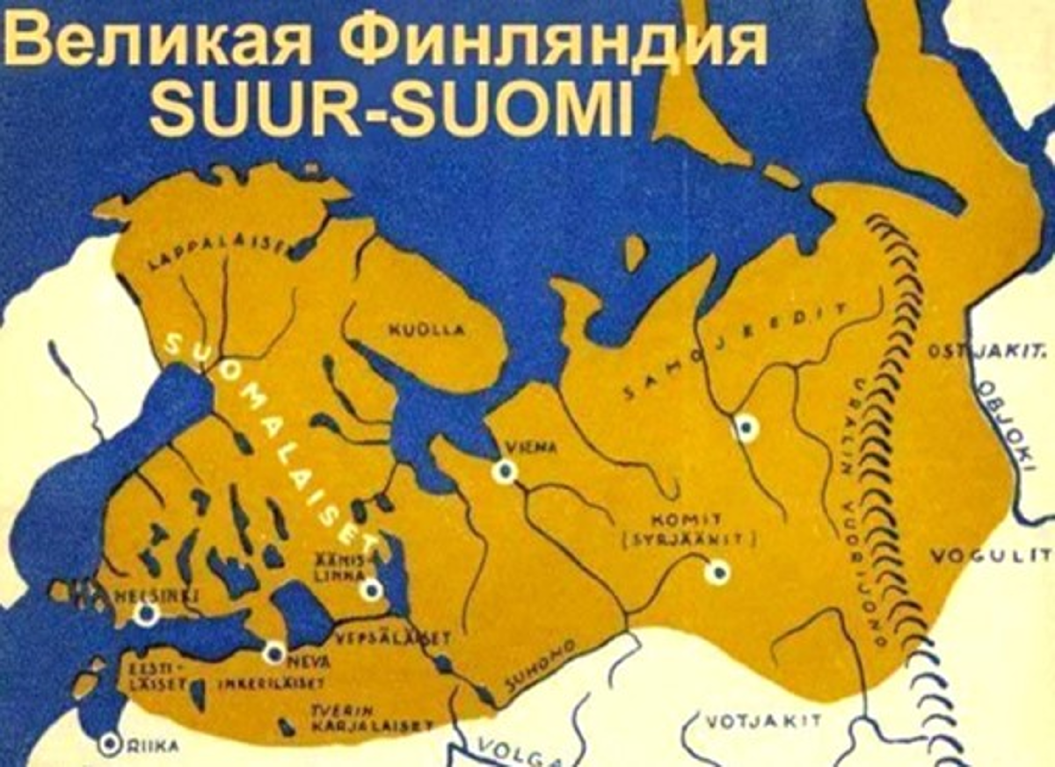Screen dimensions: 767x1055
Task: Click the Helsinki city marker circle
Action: click(x=147, y=613)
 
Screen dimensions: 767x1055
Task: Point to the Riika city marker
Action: click(x=110, y=745)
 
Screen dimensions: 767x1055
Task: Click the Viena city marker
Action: click(x=504, y=472)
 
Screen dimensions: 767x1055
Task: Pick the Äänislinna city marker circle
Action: click(x=372, y=589)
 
